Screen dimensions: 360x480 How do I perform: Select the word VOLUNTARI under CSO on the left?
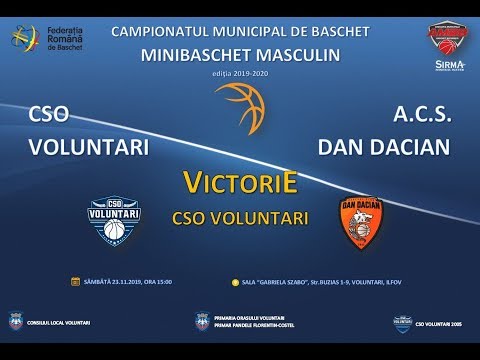(89, 148)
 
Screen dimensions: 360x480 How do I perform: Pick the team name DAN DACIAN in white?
(383, 148)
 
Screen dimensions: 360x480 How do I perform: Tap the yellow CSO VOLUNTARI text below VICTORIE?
(239, 215)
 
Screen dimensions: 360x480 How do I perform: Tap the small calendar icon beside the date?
(75, 281)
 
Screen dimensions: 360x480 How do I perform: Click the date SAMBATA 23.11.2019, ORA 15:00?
(128, 282)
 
